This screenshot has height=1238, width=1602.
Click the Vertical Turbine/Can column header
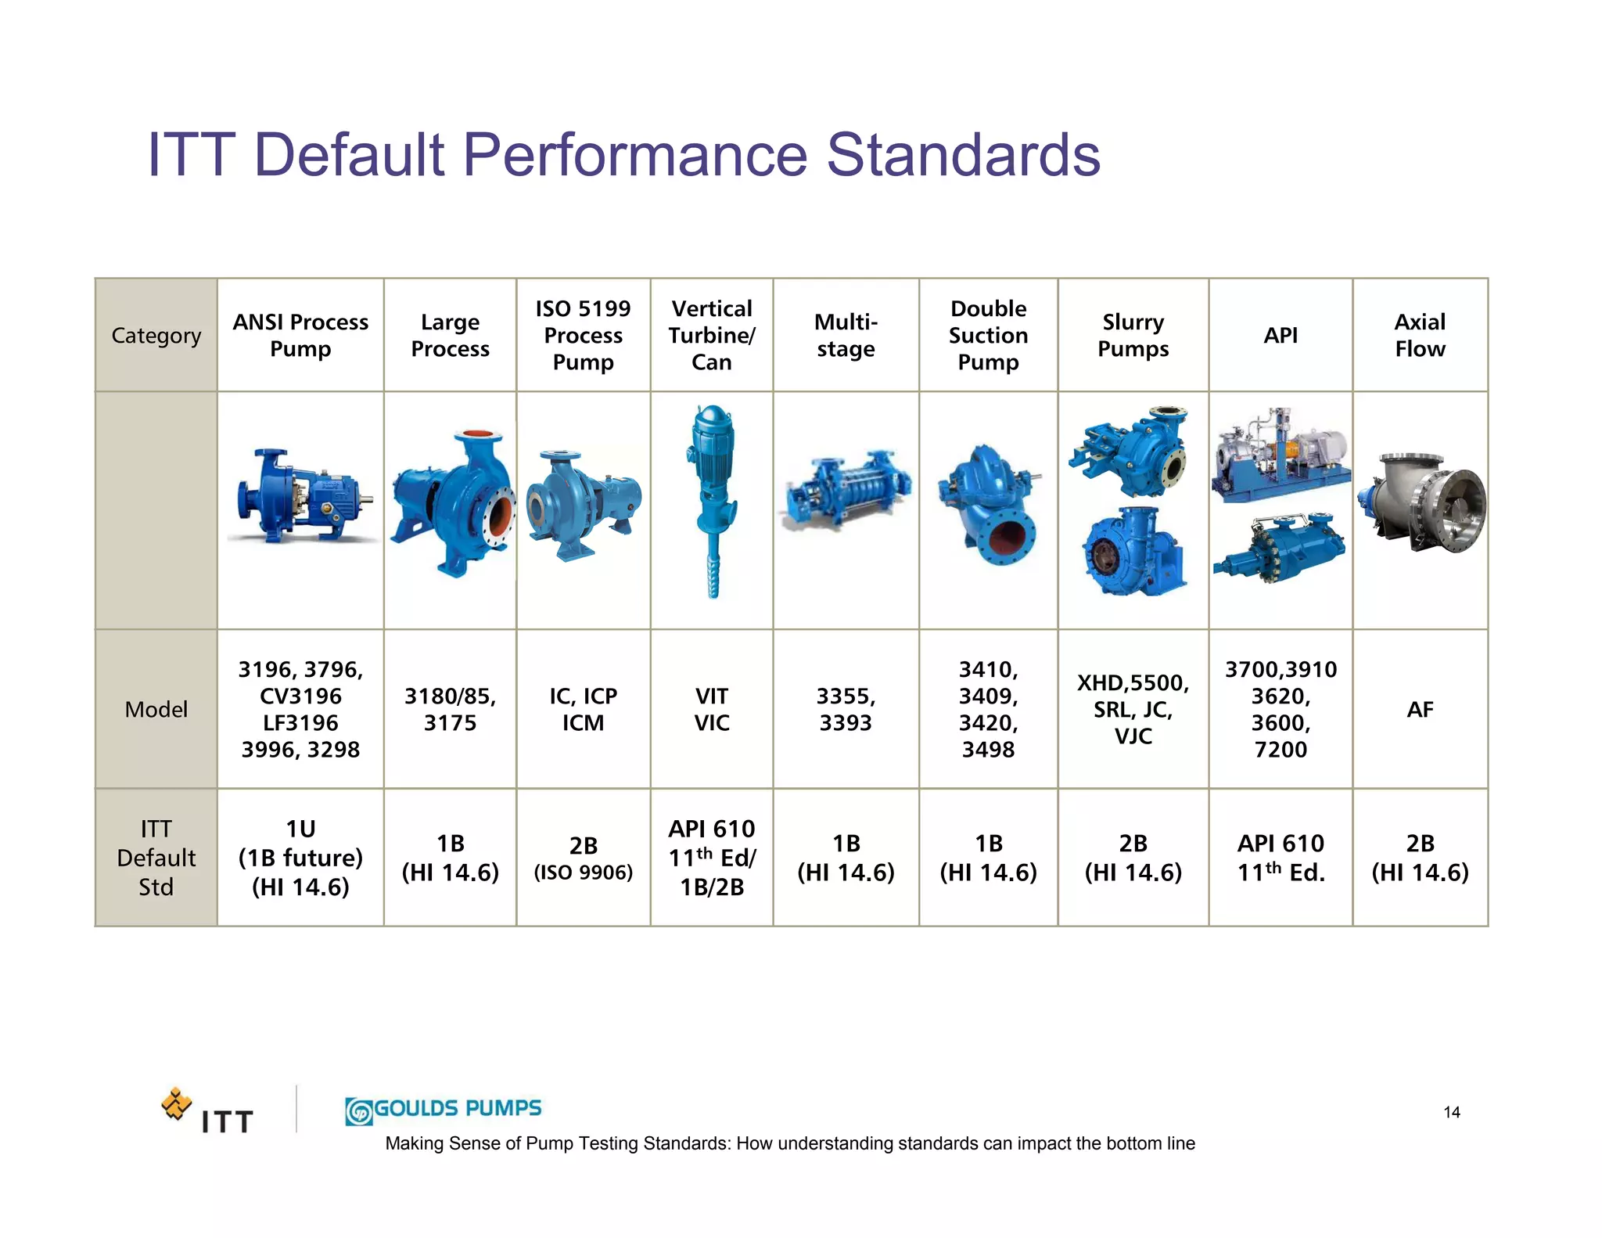(711, 335)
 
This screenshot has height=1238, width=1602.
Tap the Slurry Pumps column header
(1133, 335)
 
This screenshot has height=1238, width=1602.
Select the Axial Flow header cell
(1420, 335)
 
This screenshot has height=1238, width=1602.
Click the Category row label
(156, 336)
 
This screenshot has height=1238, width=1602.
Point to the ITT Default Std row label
(156, 858)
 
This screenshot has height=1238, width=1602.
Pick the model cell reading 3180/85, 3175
(450, 709)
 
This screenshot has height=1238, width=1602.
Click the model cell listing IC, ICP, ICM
(583, 709)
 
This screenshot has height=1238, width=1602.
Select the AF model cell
(1420, 709)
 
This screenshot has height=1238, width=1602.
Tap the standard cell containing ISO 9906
(583, 858)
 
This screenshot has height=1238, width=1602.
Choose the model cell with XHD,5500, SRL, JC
(1133, 709)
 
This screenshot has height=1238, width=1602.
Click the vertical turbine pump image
(711, 501)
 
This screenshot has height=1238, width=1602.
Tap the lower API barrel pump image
(1280, 548)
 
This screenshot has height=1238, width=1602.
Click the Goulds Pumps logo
(444, 1110)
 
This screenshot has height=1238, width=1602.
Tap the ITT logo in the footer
(207, 1111)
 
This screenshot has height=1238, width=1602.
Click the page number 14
(1451, 1112)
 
